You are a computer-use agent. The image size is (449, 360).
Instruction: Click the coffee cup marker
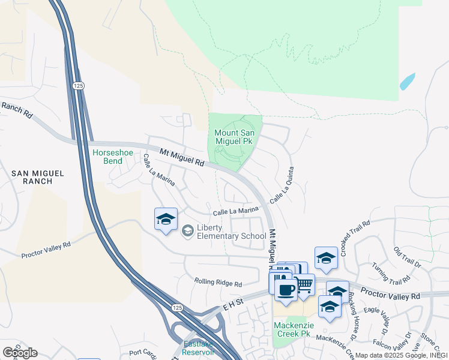(x=286, y=290)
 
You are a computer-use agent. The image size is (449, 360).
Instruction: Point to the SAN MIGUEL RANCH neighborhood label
(x=38, y=177)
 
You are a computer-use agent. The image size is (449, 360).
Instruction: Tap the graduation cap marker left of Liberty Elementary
(x=166, y=219)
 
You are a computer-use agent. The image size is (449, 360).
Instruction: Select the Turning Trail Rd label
(x=390, y=274)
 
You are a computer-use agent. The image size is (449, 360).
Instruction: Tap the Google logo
(x=20, y=352)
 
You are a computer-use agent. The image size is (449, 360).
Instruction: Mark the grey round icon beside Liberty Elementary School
(x=188, y=230)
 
